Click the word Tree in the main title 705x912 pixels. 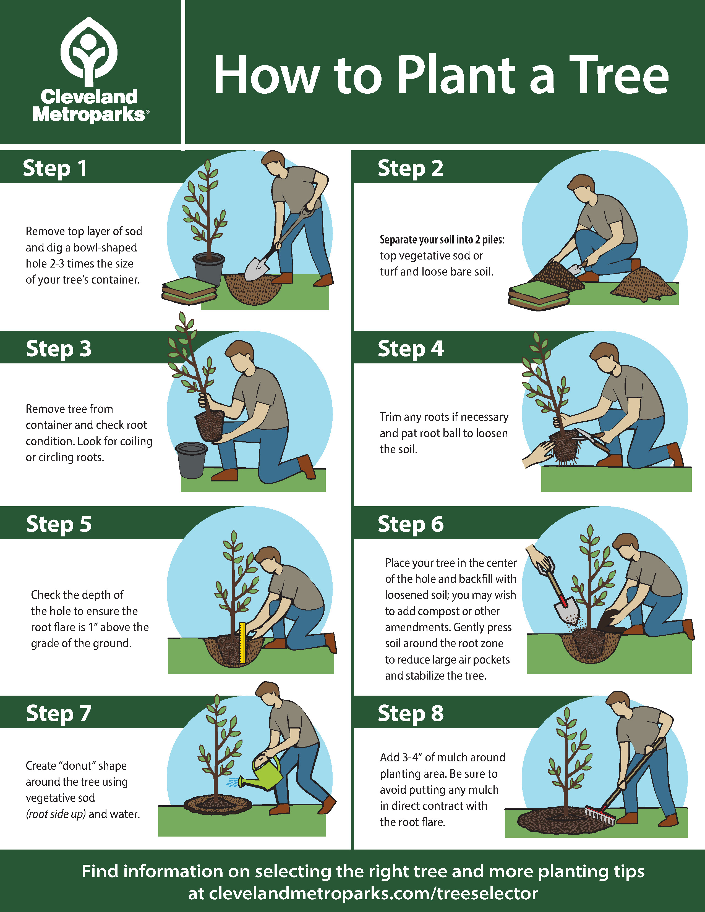619,75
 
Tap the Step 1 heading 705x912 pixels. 55,168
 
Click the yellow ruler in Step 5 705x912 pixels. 242,643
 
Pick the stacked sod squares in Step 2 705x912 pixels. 539,295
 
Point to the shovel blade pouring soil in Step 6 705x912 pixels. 566,612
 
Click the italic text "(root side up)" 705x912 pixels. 56,814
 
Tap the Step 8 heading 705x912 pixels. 411,713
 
